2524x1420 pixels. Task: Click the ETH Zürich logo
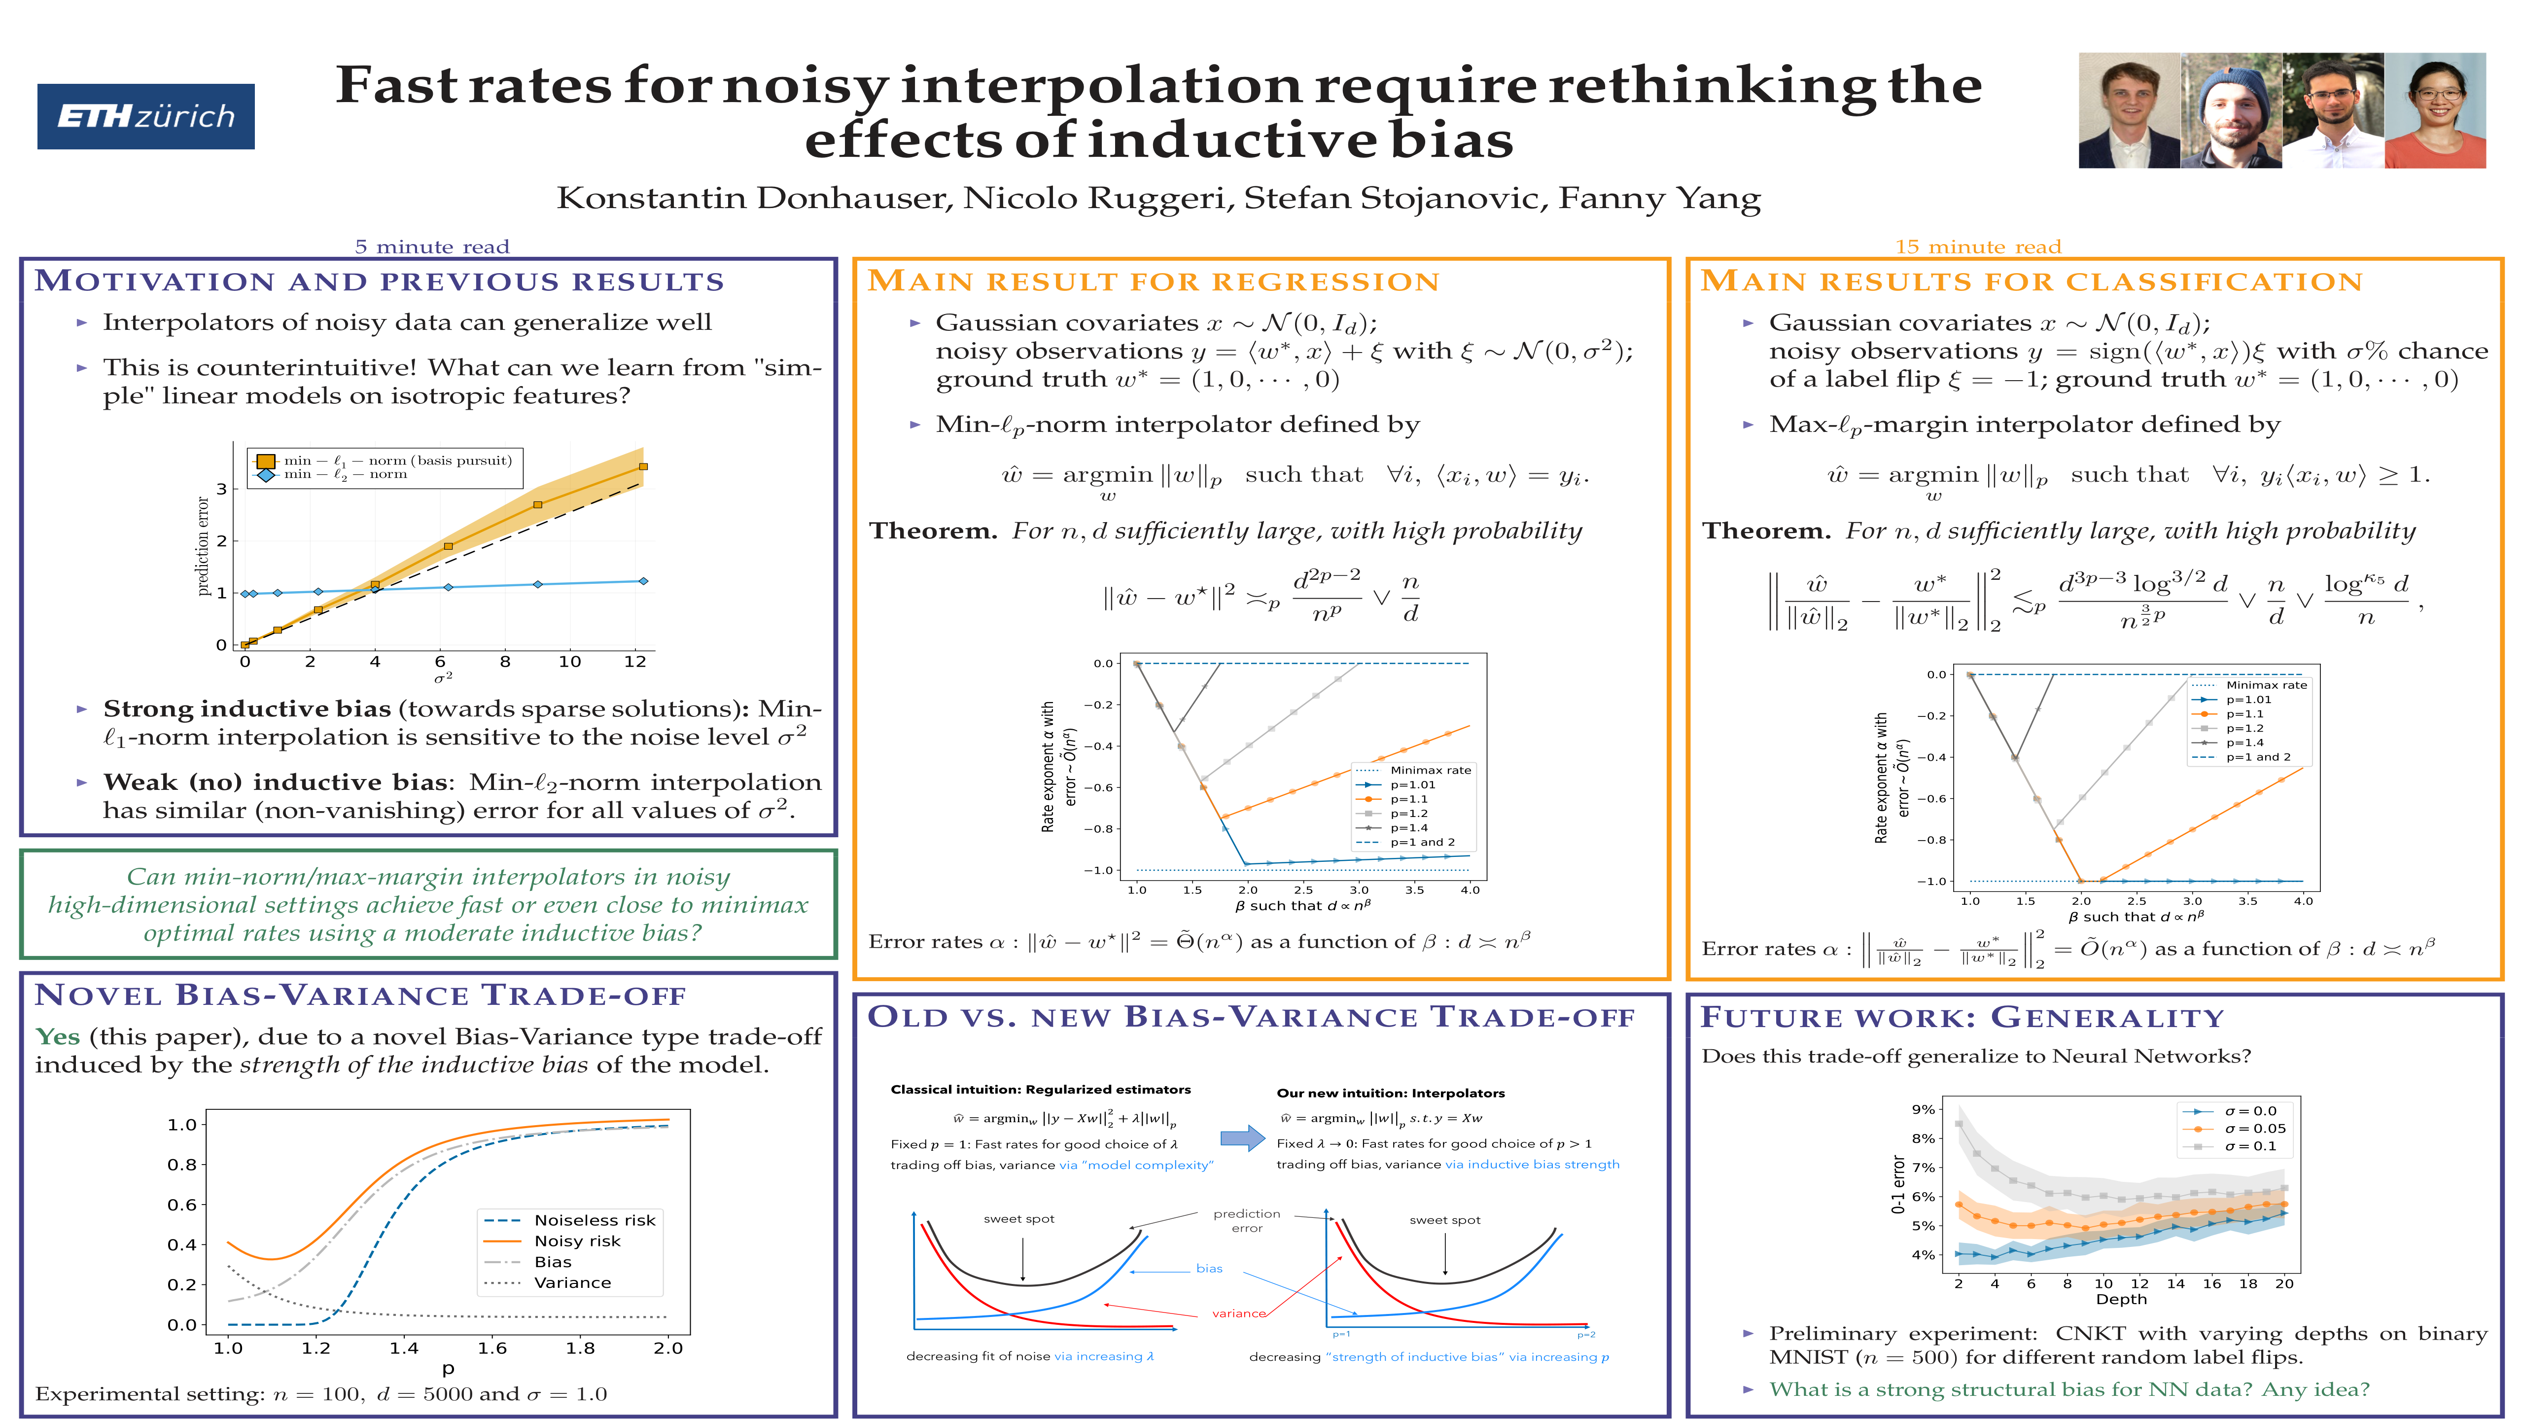pos(146,117)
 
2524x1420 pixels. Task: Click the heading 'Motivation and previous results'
pos(379,282)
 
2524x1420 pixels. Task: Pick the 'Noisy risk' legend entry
pos(576,1241)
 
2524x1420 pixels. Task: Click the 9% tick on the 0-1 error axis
pos(1923,1109)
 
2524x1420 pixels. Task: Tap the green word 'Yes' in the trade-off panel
pos(58,1037)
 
